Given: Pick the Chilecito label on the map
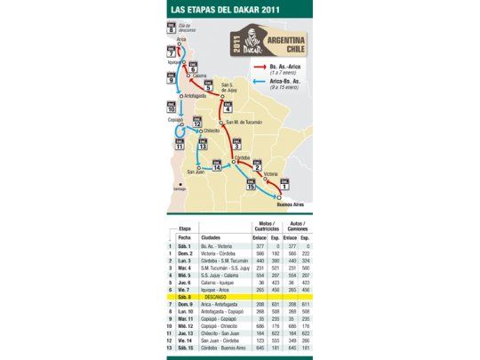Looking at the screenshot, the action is point(211,130).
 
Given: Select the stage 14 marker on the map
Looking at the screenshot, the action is point(216,165).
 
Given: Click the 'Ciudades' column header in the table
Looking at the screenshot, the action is point(211,237).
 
